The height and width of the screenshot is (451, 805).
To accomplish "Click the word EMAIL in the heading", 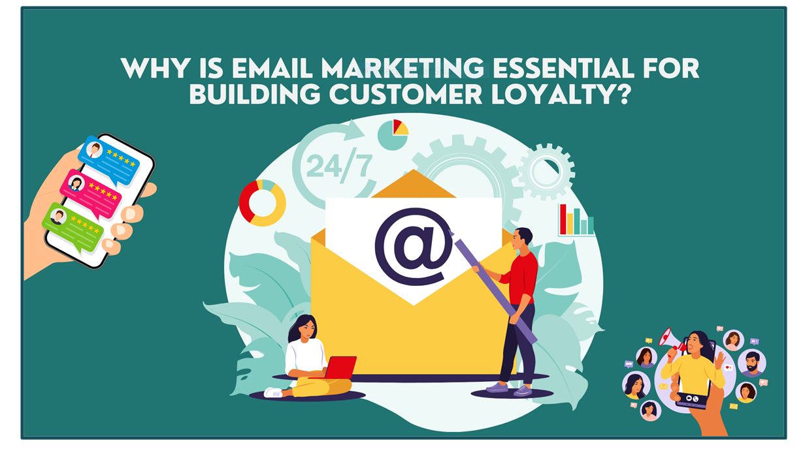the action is coord(272,69).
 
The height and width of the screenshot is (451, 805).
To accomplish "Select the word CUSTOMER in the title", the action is coord(406,94).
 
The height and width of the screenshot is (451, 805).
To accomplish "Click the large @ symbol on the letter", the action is coord(413,247).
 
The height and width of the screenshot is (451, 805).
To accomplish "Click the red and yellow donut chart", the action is coord(263,203).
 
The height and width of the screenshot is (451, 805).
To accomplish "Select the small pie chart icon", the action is coord(393,134).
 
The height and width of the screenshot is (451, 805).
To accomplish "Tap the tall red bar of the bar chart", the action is coord(563,219).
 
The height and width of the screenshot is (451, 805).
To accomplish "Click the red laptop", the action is coord(340,367).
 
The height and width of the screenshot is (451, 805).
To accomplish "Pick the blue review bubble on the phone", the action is coord(108,160).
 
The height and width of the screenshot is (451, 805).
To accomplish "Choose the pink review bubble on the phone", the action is coord(91,194).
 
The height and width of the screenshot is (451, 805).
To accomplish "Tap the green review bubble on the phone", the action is coord(73,227).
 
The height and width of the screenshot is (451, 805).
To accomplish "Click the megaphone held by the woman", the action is coord(671,339).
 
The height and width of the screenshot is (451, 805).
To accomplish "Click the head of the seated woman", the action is coord(304,328).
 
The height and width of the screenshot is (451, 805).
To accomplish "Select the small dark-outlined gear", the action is coord(546,171).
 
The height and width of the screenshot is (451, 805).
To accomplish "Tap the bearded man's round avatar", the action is coord(752,363).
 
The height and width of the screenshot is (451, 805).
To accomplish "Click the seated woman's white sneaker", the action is coord(274,392).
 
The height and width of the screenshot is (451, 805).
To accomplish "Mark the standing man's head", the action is coord(521,238).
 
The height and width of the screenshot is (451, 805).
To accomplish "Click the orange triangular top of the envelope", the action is coord(413,183).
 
